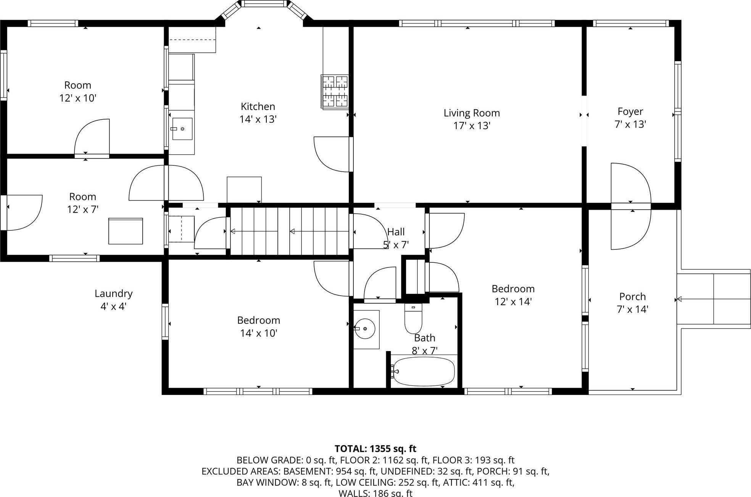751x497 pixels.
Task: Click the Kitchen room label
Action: [258, 106]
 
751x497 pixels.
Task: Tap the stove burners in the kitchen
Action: [335, 92]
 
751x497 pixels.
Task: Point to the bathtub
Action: [424, 371]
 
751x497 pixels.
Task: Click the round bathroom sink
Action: [365, 329]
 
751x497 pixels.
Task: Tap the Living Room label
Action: [471, 113]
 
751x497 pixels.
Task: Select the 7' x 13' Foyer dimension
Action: [630, 125]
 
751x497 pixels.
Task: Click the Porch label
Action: [632, 296]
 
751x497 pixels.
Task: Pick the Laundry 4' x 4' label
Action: [113, 299]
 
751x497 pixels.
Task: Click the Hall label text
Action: [396, 232]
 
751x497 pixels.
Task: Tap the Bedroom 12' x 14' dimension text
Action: [513, 302]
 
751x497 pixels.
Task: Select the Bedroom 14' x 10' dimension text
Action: [258, 333]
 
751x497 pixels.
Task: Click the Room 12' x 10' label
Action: [77, 91]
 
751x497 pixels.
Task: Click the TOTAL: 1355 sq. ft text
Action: [375, 448]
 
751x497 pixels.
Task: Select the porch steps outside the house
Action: [714, 299]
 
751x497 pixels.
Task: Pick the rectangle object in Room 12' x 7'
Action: [126, 231]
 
